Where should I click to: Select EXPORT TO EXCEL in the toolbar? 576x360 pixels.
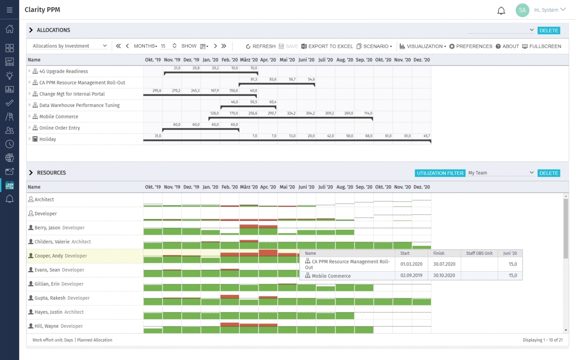pyautogui.click(x=327, y=46)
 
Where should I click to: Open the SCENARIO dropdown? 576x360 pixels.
pyautogui.click(x=374, y=46)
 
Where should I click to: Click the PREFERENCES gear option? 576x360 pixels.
pyautogui.click(x=470, y=46)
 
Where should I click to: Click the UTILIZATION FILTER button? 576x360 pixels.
pyautogui.click(x=440, y=173)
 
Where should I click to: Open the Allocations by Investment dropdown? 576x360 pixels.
pyautogui.click(x=69, y=46)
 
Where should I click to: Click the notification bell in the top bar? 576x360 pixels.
pyautogui.click(x=501, y=10)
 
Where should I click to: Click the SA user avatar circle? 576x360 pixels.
pyautogui.click(x=522, y=10)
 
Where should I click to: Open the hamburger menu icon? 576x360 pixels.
pyautogui.click(x=10, y=10)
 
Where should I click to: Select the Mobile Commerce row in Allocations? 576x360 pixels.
pyautogui.click(x=59, y=117)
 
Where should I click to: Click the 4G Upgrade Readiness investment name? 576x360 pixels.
pyautogui.click(x=63, y=72)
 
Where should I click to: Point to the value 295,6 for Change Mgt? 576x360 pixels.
pyautogui.click(x=157, y=91)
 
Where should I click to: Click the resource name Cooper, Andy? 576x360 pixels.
pyautogui.click(x=49, y=256)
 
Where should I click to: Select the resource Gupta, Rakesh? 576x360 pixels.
pyautogui.click(x=50, y=298)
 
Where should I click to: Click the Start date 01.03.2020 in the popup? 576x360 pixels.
pyautogui.click(x=411, y=264)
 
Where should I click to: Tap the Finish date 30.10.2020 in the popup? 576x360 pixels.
pyautogui.click(x=444, y=276)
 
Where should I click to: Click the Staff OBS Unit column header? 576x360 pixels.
pyautogui.click(x=479, y=254)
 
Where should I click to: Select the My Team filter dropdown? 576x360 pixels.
pyautogui.click(x=500, y=173)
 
